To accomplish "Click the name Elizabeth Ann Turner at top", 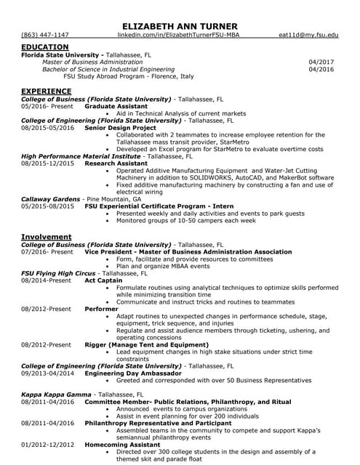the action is click(x=180, y=26).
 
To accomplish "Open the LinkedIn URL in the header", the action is click(x=178, y=35).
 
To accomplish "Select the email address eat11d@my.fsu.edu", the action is click(x=308, y=35).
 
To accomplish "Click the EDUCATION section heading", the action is click(x=45, y=46).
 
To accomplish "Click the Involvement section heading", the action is click(x=47, y=237).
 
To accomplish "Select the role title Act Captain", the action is click(x=103, y=280).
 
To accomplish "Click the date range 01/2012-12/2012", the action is click(x=48, y=444).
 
